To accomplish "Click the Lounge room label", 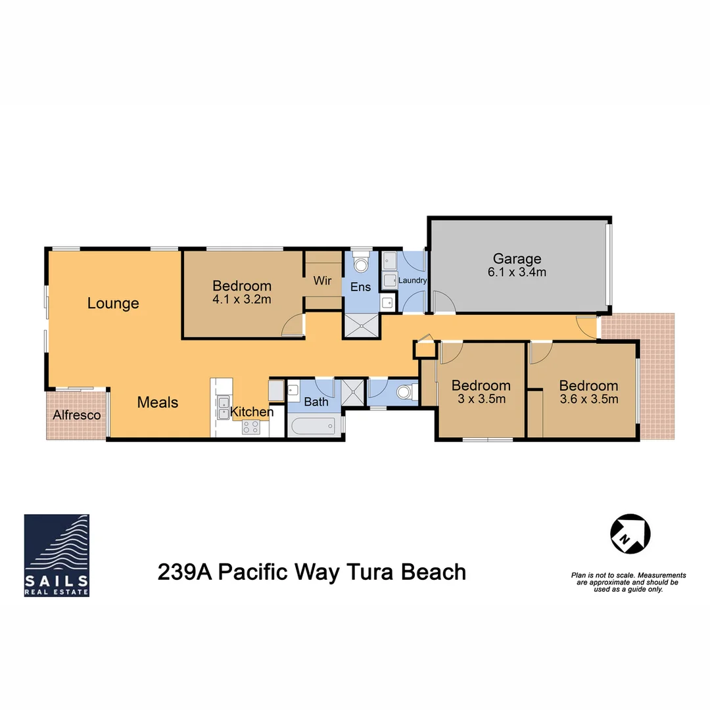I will [x=113, y=303].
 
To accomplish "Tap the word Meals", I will [x=158, y=402].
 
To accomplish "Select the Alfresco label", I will [x=77, y=415].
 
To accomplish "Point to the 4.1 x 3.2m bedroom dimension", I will [x=242, y=299].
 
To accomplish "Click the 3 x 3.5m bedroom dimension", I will [x=480, y=398].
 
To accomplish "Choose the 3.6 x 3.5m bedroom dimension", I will [x=588, y=398].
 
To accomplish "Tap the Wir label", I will [x=322, y=281].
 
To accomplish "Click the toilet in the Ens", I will [x=360, y=264].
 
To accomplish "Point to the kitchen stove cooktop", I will [x=250, y=427].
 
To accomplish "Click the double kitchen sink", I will [x=224, y=407].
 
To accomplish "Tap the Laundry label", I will [x=413, y=281].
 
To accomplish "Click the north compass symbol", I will [x=630, y=533].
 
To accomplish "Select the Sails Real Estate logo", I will [x=57, y=555].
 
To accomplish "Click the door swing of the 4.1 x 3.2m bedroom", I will [x=293, y=326].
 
